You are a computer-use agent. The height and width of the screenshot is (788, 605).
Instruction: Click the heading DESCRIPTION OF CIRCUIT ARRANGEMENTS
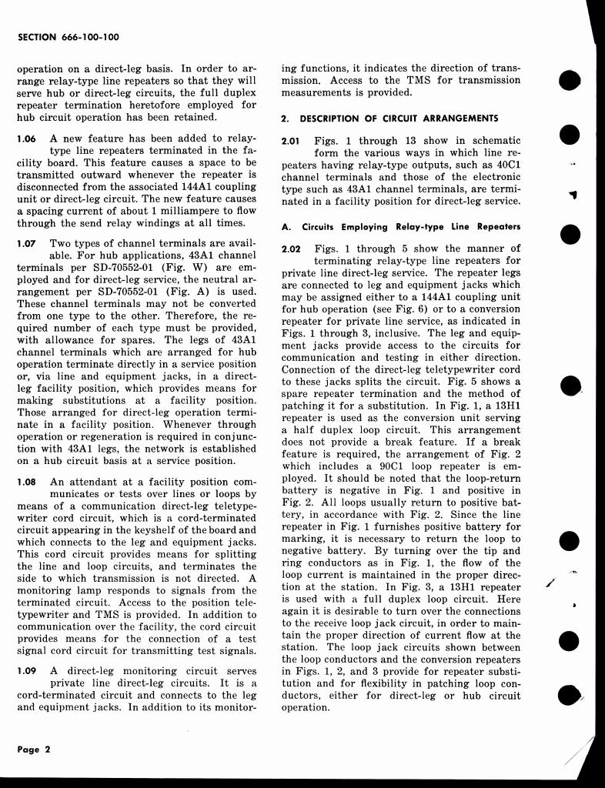tap(399, 119)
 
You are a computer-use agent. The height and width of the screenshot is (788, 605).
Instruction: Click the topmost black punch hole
tap(570, 81)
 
